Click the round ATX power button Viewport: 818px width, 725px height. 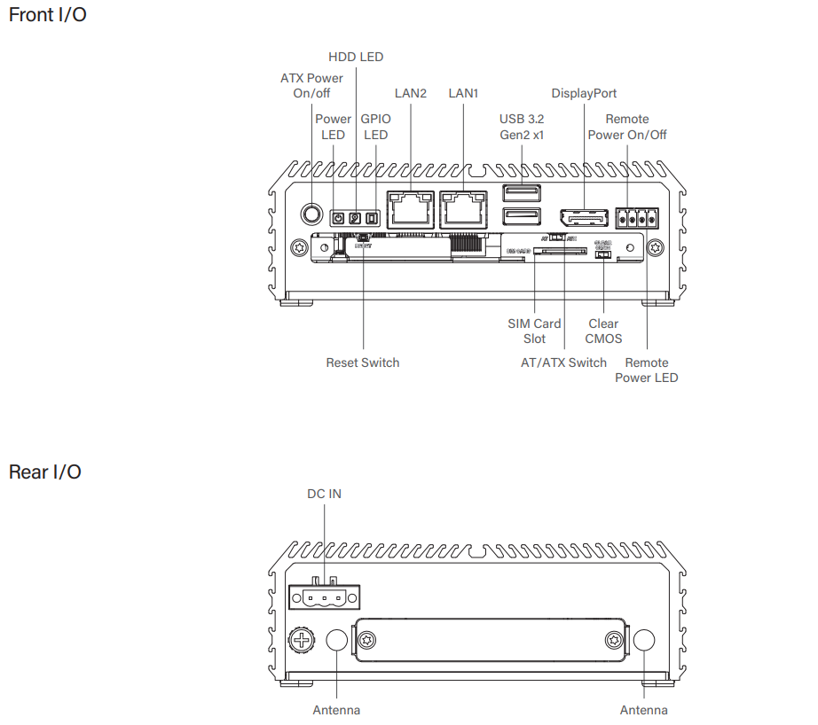[x=312, y=213]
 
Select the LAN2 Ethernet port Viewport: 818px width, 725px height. [x=411, y=209]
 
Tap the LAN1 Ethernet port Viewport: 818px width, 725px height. [x=463, y=209]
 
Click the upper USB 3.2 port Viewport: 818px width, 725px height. [x=521, y=193]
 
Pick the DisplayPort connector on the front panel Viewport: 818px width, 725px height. [x=583, y=218]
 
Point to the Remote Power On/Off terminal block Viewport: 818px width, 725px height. [x=637, y=217]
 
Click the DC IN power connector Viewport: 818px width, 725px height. [x=323, y=596]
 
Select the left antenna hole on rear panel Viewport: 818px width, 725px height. [x=337, y=641]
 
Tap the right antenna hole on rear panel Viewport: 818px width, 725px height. [x=644, y=641]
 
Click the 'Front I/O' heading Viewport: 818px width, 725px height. [x=47, y=15]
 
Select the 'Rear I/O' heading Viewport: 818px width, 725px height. [x=44, y=472]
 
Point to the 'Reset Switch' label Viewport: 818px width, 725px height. [x=362, y=362]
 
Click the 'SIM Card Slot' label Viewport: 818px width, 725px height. [x=534, y=331]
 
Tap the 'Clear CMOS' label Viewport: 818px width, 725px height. [x=603, y=331]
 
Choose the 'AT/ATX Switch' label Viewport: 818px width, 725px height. [x=563, y=362]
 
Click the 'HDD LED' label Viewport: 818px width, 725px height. [x=356, y=57]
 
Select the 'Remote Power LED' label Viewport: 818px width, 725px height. [x=647, y=370]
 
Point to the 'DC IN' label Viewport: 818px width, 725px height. [x=324, y=494]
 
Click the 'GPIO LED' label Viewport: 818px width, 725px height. [x=375, y=127]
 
